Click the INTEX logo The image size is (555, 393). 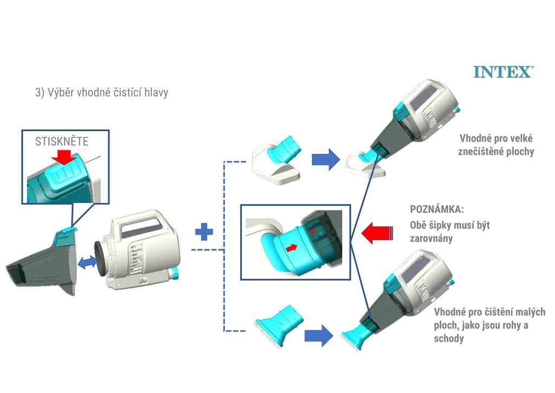pyautogui.click(x=504, y=72)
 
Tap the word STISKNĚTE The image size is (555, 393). pyautogui.click(x=62, y=141)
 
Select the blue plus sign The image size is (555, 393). pyautogui.click(x=204, y=232)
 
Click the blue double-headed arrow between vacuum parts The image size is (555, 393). pyautogui.click(x=87, y=263)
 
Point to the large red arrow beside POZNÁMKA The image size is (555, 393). pyautogui.click(x=377, y=233)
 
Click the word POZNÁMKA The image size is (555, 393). pyautogui.click(x=437, y=209)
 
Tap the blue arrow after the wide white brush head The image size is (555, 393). pyautogui.click(x=326, y=160)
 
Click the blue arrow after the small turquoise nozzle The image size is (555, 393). pyautogui.click(x=319, y=335)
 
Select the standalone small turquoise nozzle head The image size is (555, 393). pyautogui.click(x=280, y=325)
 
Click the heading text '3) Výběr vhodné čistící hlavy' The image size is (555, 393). pyautogui.click(x=101, y=92)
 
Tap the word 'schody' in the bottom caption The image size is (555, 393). pyautogui.click(x=449, y=338)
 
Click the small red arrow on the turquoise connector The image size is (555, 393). pyautogui.click(x=291, y=248)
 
